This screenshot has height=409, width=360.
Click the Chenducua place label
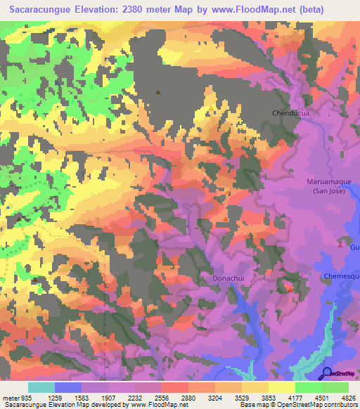291,112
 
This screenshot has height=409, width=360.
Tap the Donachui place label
228,279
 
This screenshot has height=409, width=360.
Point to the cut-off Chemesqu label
342,276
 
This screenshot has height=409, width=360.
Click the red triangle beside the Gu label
341,245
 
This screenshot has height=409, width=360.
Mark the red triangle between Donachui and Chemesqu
289,288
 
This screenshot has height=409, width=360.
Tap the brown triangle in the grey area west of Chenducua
158,91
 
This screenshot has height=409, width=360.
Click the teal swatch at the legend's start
41,387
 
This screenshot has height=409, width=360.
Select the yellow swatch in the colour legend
281,387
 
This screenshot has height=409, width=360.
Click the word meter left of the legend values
9,396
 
